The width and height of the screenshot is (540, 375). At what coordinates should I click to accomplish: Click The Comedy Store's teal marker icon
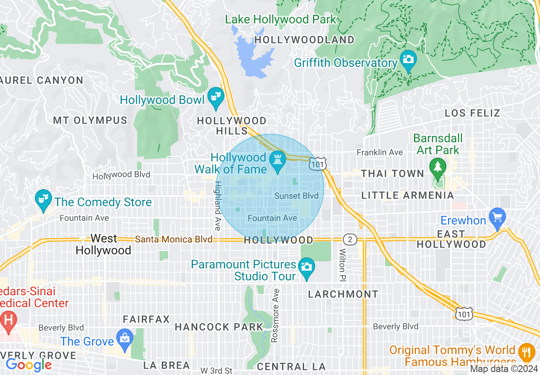43,199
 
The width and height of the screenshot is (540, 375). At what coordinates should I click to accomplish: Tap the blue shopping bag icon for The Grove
125,338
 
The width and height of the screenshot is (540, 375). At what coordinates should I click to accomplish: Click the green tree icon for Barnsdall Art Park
438,167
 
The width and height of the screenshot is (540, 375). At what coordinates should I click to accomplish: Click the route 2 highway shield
350,239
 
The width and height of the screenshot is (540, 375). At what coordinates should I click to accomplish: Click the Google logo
29,365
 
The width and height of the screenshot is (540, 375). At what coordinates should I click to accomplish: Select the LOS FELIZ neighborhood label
472,113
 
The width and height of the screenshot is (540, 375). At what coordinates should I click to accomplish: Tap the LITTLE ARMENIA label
408,195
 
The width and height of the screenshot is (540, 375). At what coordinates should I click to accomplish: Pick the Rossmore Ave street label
276,315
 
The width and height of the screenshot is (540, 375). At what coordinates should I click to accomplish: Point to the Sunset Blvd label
296,196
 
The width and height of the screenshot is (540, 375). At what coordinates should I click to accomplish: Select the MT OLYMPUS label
90,121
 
